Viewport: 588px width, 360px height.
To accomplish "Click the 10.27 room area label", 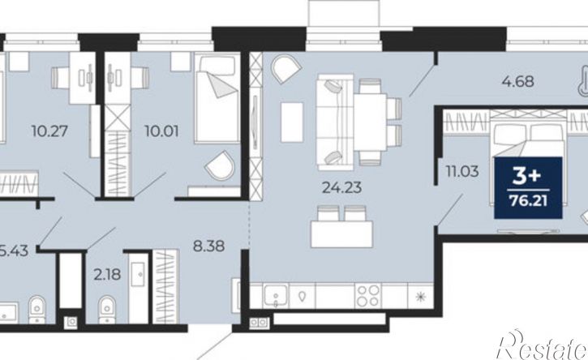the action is (x=49, y=131).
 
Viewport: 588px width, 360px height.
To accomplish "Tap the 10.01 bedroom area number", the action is (x=161, y=131).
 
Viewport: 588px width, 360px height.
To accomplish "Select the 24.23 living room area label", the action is (x=342, y=187).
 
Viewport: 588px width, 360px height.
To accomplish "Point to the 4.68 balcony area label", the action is (x=518, y=81).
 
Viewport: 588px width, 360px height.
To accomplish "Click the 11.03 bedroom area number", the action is (x=462, y=171).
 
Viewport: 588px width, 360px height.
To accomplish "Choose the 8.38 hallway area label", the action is (x=209, y=246).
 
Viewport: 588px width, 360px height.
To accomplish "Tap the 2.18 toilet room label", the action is (x=107, y=275).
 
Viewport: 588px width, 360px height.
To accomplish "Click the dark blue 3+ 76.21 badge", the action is (x=528, y=187).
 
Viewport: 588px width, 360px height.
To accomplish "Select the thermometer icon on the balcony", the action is (x=582, y=80).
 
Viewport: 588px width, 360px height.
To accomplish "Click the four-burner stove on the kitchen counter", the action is (x=368, y=295).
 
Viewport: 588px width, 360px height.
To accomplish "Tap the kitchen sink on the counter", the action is (x=276, y=295).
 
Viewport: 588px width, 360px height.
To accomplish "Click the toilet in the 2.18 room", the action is (x=107, y=310).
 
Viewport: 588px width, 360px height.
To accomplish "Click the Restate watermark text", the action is (x=543, y=346).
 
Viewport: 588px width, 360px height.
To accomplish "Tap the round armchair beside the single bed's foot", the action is (x=220, y=165).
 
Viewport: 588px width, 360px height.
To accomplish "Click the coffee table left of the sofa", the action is (x=292, y=122).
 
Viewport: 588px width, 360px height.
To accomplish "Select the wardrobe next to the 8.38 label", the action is (x=165, y=286).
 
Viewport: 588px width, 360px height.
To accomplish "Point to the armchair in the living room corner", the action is (x=286, y=69).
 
